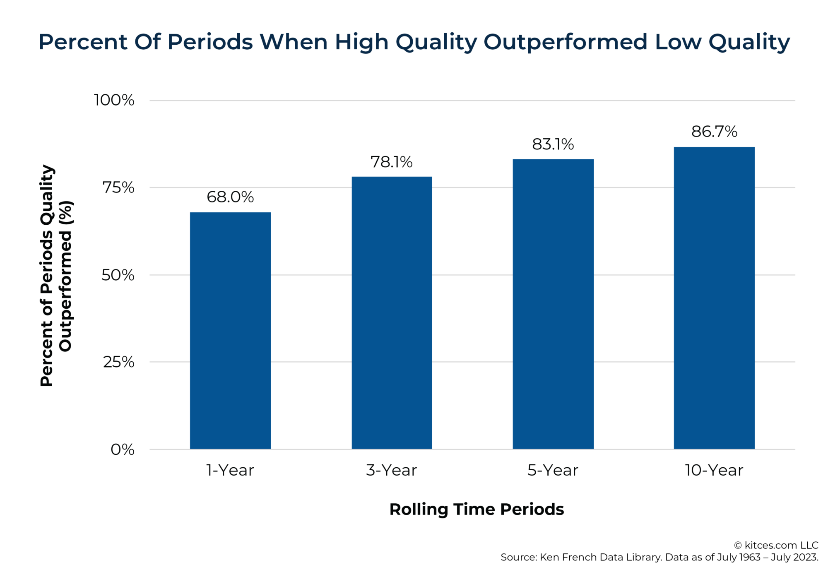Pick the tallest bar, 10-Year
click(x=714, y=298)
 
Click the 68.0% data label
click(x=230, y=197)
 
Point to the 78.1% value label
click(x=392, y=162)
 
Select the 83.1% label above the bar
click(x=553, y=144)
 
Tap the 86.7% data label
click(x=714, y=132)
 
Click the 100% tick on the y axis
click(x=114, y=100)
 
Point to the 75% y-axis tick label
click(x=118, y=187)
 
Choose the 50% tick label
click(x=118, y=275)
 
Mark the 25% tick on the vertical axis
click(x=118, y=362)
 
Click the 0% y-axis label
click(x=122, y=449)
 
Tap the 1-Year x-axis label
click(x=230, y=470)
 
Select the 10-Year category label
click(x=714, y=470)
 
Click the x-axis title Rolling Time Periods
click(x=477, y=509)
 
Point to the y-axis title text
click(x=56, y=276)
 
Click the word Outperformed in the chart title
click(x=565, y=42)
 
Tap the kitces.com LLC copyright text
click(x=776, y=545)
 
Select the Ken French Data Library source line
click(x=659, y=557)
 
